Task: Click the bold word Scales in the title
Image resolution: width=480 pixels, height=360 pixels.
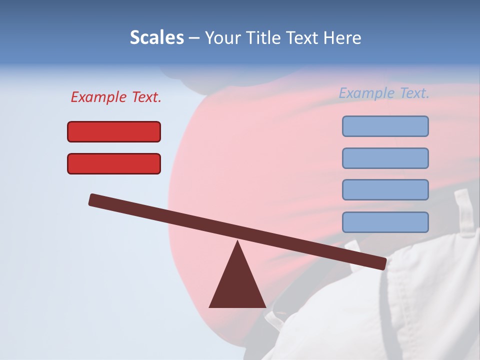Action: (x=156, y=38)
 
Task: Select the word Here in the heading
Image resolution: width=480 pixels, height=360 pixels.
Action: (x=342, y=38)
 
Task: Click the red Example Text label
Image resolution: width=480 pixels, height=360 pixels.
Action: (x=116, y=97)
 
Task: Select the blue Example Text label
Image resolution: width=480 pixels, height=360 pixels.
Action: (x=384, y=93)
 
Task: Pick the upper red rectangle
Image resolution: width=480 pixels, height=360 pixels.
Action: (x=114, y=131)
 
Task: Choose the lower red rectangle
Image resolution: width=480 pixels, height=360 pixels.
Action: (x=114, y=163)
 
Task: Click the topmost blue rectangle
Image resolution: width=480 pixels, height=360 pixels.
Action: (x=385, y=126)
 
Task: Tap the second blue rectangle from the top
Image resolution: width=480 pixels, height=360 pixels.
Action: (x=385, y=158)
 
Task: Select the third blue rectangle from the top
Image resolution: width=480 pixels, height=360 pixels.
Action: (x=385, y=189)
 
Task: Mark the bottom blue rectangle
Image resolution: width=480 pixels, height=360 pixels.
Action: (x=385, y=222)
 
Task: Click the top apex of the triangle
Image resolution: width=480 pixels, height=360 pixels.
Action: (x=237, y=242)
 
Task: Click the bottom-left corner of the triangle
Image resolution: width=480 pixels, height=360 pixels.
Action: (x=210, y=306)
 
